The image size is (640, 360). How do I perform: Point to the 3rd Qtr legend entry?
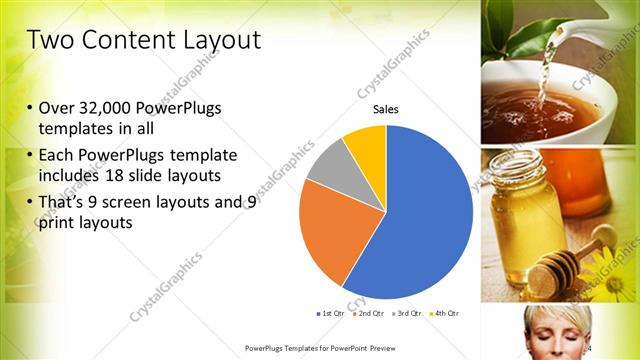[x=405, y=314]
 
